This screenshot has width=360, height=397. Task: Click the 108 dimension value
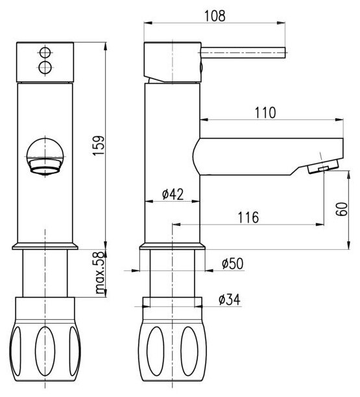click(215, 16)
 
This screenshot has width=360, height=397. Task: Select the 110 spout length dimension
click(265, 113)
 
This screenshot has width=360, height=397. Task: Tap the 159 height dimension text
click(99, 145)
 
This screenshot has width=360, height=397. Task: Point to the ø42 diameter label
click(173, 194)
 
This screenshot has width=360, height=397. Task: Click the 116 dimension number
click(248, 217)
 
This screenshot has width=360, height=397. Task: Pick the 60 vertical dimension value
click(342, 209)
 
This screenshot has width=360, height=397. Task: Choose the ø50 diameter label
click(233, 263)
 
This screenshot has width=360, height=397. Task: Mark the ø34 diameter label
click(230, 300)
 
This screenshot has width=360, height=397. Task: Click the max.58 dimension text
click(99, 272)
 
